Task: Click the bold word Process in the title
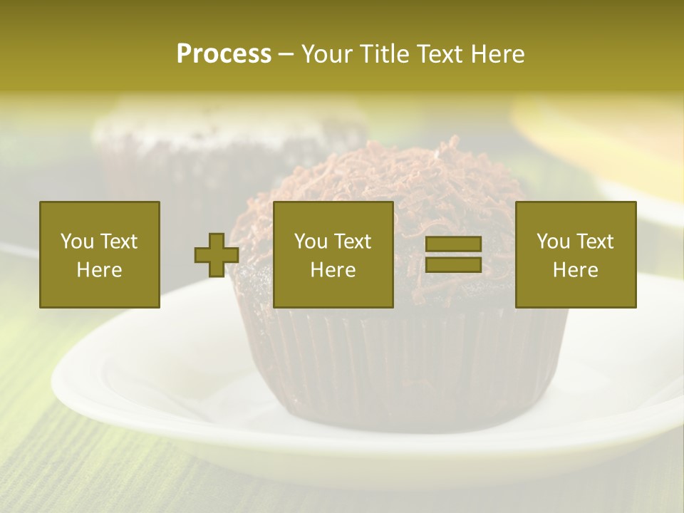pyautogui.click(x=224, y=54)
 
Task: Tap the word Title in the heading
pyautogui.click(x=385, y=54)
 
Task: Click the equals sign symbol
pyautogui.click(x=453, y=255)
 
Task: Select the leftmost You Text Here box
pyautogui.click(x=100, y=255)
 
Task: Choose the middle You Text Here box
pyautogui.click(x=333, y=255)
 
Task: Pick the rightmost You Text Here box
pyautogui.click(x=576, y=255)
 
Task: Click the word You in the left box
pyautogui.click(x=77, y=242)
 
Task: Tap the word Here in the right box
pyautogui.click(x=576, y=270)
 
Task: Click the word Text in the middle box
pyautogui.click(x=352, y=242)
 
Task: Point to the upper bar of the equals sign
pyautogui.click(x=453, y=244)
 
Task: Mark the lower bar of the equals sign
pyautogui.click(x=453, y=265)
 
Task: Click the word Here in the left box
pyautogui.click(x=100, y=270)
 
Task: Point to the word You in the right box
pyautogui.click(x=553, y=242)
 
